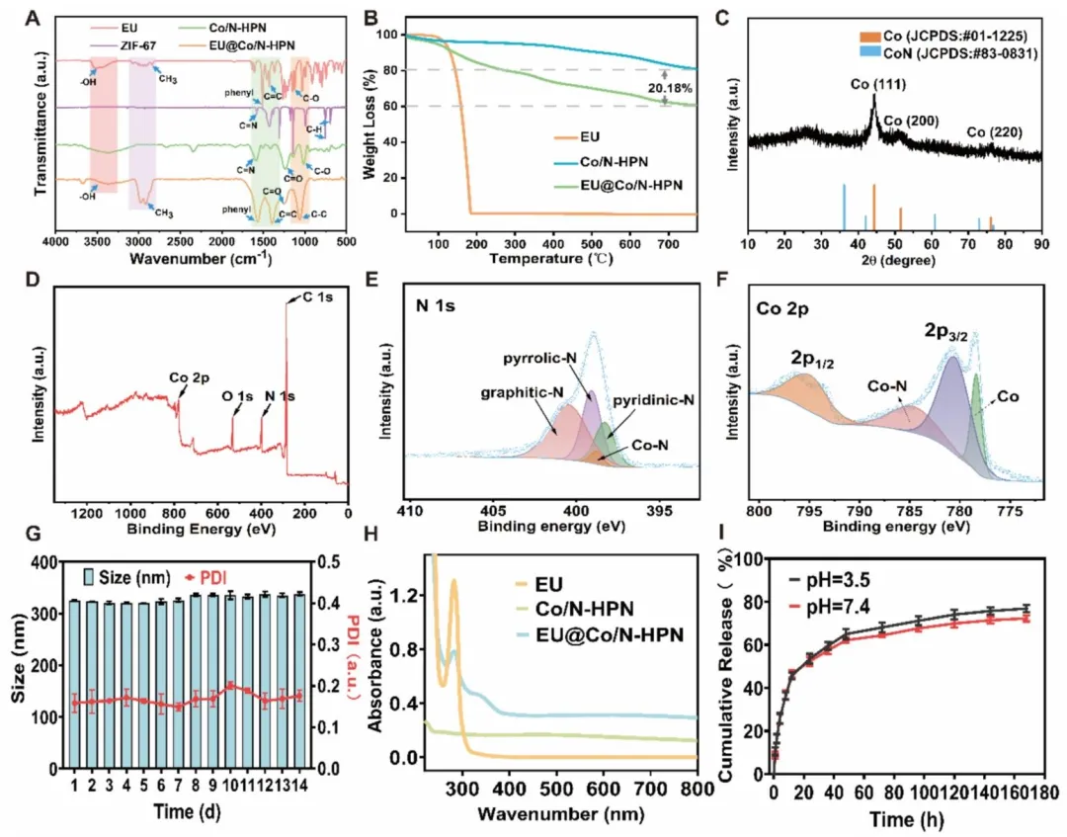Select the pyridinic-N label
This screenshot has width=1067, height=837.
pos(654,399)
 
